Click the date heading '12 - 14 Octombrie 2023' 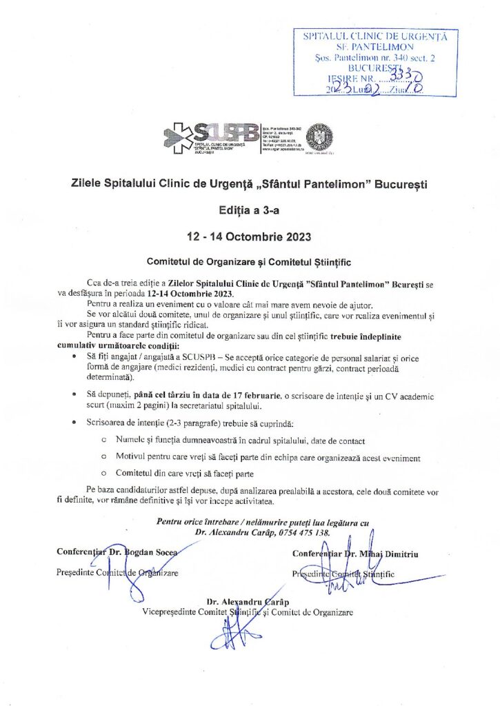click(250, 236)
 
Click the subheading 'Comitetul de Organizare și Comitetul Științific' click(250, 262)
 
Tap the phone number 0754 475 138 click(302, 533)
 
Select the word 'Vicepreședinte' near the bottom click(169, 612)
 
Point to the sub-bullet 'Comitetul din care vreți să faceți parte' click(185, 474)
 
